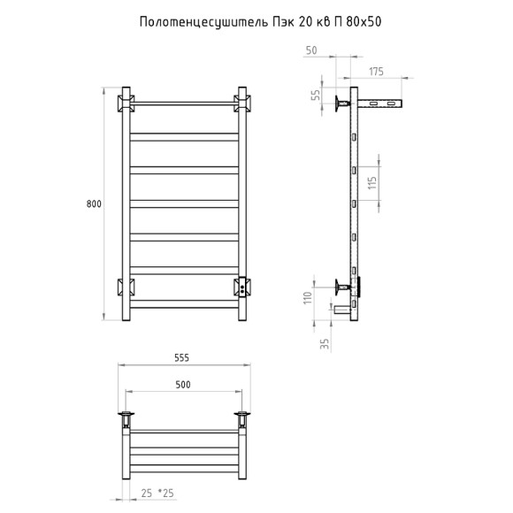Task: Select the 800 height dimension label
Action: point(94,203)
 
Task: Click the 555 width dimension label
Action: point(181,357)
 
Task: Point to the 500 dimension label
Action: point(183,385)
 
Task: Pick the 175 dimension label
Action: point(376,72)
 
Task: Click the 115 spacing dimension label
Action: point(372,183)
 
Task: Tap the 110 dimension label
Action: point(308,298)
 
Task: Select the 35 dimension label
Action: point(325,343)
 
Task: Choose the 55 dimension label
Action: point(317,95)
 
